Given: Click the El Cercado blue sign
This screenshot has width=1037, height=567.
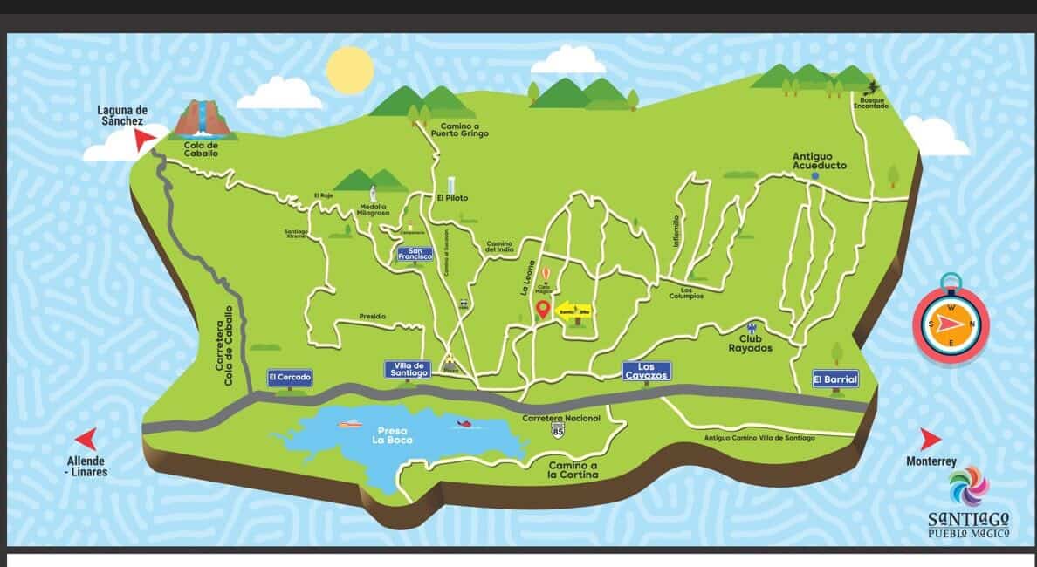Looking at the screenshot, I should click(x=290, y=379).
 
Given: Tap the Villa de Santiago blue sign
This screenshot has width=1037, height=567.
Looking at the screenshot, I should click(x=409, y=370).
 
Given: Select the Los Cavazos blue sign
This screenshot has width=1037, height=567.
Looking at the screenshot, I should click(x=646, y=371).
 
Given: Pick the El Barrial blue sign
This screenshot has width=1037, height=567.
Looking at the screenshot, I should click(x=835, y=379).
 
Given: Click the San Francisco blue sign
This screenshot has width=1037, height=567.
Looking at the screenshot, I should click(x=415, y=254).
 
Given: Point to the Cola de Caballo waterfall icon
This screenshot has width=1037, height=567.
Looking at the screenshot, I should click(x=203, y=120).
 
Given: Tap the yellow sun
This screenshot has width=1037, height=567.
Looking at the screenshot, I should click(x=349, y=71).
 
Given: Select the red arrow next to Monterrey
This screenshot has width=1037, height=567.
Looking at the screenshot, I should click(x=931, y=440).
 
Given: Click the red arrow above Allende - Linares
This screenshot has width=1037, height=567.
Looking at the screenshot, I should click(x=86, y=439).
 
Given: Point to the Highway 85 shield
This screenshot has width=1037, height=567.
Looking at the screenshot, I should click(x=558, y=432).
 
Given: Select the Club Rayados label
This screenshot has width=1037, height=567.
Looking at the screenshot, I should click(x=750, y=343).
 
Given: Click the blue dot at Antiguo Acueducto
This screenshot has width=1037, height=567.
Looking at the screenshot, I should click(x=814, y=176).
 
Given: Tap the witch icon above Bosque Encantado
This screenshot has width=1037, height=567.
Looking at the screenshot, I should click(x=871, y=87).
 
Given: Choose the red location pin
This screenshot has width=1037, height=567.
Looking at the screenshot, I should click(x=542, y=309).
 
